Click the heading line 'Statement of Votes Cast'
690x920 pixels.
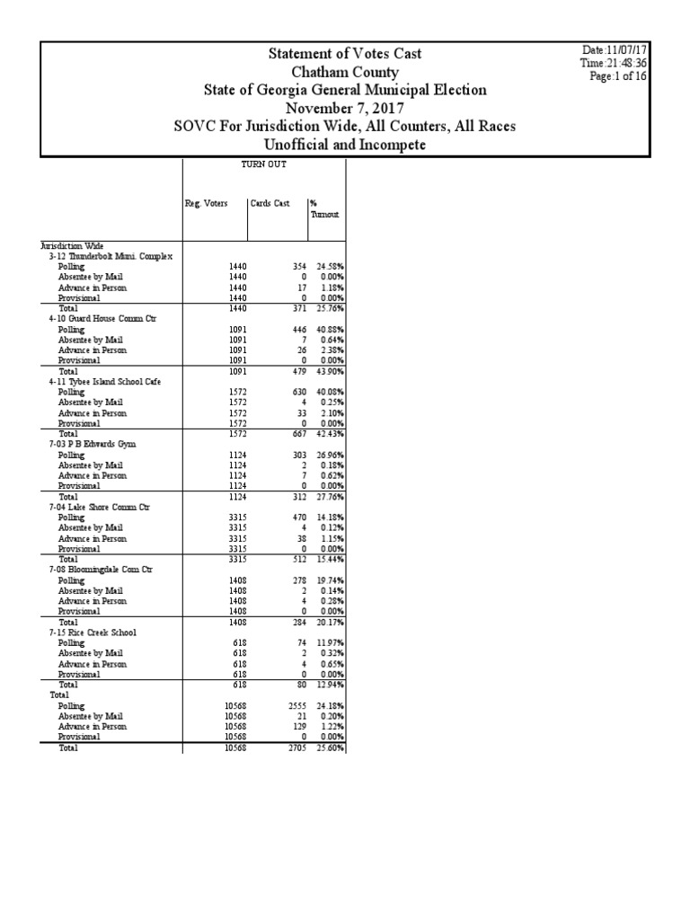point(345,54)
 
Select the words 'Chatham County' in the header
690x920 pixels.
point(345,72)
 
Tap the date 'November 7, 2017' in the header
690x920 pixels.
point(345,108)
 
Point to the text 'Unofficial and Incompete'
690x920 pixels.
point(345,145)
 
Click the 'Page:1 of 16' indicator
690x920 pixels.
point(618,76)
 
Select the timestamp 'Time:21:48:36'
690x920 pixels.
point(614,64)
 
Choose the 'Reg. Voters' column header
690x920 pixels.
point(207,204)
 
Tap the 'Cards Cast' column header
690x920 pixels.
point(270,204)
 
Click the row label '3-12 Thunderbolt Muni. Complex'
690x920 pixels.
point(111,256)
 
